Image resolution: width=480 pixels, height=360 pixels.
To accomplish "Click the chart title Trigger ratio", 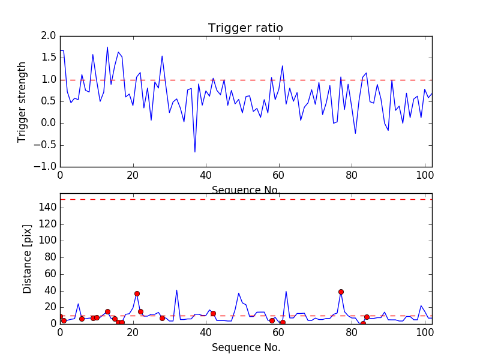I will point(245,28).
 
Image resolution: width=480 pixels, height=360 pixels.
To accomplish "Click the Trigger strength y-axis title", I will point(22,101).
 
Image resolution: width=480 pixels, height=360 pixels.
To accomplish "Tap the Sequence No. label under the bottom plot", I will point(246,347).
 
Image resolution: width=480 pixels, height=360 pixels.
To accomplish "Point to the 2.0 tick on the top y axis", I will point(49,36).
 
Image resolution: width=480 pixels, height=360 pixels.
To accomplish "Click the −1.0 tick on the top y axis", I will point(46,166).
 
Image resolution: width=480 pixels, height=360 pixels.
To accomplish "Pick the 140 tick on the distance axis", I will point(47,207).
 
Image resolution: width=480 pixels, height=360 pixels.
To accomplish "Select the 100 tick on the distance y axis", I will point(47,240).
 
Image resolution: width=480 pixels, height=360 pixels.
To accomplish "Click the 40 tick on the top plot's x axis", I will point(206,175).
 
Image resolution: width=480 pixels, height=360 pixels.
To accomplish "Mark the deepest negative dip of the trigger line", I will point(194,152).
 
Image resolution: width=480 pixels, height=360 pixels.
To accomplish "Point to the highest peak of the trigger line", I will point(107,47).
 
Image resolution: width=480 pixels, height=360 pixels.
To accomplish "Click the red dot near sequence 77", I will point(341,292).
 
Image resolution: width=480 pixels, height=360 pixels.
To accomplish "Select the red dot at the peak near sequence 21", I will point(137,293).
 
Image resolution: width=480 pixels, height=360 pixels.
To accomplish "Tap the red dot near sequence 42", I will point(213,313).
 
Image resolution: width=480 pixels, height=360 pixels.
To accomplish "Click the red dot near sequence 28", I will point(162,318).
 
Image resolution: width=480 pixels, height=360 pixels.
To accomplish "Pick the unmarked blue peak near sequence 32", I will point(176,290).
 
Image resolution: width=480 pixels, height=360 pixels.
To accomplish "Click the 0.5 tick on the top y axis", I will point(49,101).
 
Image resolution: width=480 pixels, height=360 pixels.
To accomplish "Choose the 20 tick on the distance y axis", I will point(50,307).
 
